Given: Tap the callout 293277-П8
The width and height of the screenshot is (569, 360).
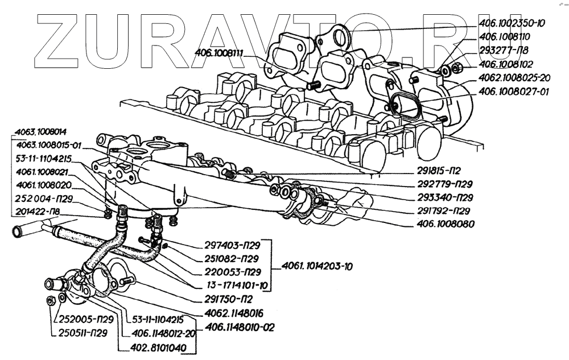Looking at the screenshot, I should tap(500, 51).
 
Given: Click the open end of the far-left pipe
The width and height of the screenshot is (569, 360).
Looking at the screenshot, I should tap(14, 231).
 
